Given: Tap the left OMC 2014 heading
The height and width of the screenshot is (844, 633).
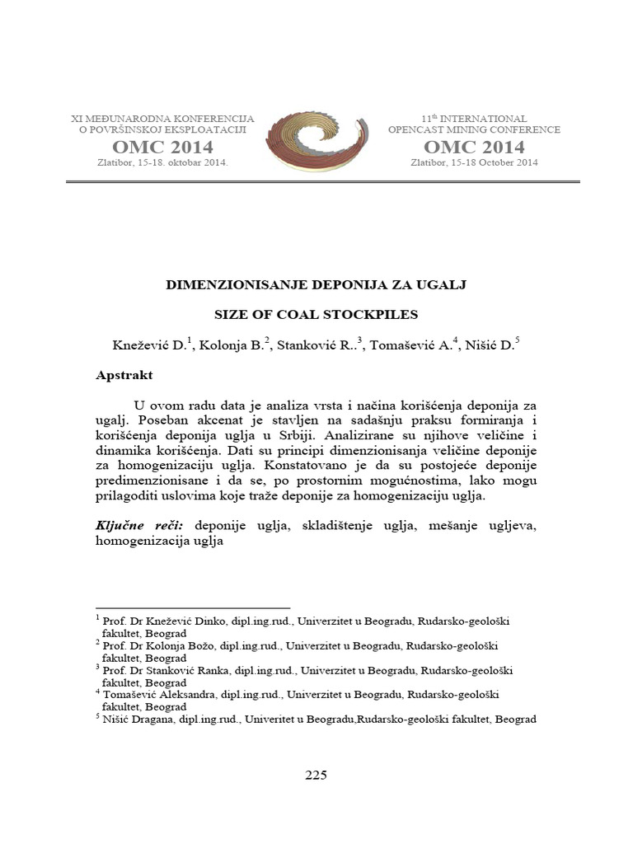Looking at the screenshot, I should [x=162, y=148].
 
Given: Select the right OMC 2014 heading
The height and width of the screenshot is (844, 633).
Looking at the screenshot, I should [x=474, y=148].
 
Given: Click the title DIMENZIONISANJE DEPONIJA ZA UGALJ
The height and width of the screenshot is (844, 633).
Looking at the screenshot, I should [x=316, y=284].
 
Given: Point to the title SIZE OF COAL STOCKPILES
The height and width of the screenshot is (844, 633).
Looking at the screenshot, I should [x=316, y=315].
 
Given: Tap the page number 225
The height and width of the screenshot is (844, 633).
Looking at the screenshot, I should [x=316, y=775].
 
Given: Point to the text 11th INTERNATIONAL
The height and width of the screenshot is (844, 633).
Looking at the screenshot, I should [x=474, y=119].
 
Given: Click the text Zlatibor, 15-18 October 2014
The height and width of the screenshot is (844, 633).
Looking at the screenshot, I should [x=474, y=163].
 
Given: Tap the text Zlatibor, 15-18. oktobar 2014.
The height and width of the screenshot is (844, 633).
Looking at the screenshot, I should [x=162, y=163].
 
